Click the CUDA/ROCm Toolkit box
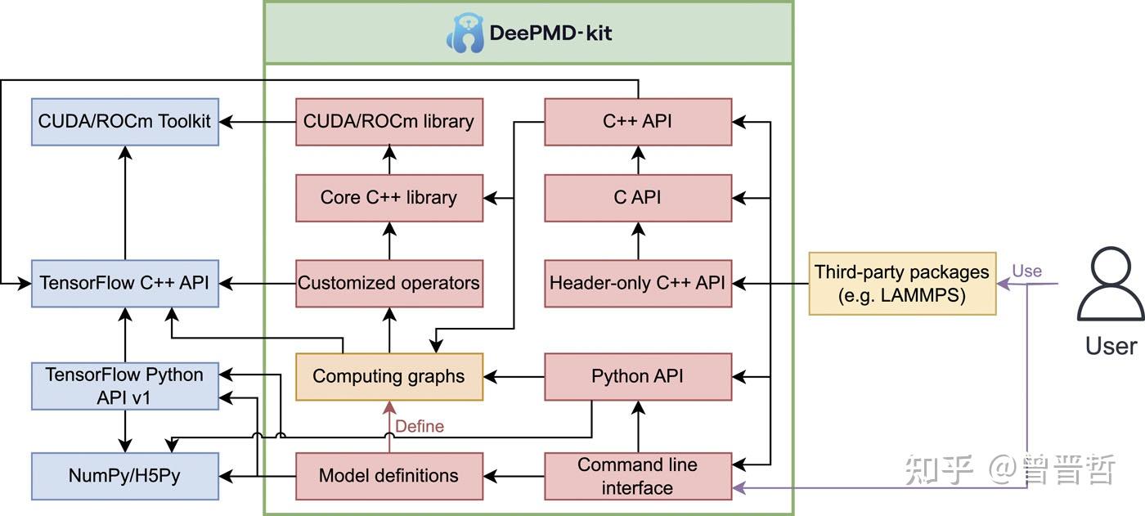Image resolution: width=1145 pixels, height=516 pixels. click(125, 122)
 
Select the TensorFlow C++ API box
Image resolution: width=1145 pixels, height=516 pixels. click(125, 283)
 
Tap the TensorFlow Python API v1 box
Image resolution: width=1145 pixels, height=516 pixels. click(125, 386)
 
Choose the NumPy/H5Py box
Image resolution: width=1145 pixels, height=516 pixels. click(125, 476)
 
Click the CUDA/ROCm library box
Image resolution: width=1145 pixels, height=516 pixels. click(388, 122)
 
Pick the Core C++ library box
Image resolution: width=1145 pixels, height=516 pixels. click(388, 198)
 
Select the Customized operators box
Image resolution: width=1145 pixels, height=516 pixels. click(388, 283)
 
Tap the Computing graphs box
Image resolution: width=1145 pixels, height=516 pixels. click(388, 377)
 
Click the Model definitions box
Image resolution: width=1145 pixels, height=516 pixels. click(388, 476)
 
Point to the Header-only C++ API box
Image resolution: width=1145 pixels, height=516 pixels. click(638, 283)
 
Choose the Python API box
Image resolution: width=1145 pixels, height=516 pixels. click(638, 377)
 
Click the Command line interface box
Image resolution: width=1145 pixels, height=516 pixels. click(638, 476)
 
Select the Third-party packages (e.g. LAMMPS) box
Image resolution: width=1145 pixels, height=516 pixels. click(902, 283)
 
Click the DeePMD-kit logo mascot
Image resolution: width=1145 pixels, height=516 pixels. click(465, 34)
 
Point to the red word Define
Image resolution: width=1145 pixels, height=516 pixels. click(420, 426)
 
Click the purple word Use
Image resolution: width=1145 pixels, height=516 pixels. click(1026, 271)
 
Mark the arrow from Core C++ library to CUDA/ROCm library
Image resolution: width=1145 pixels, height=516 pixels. click(388, 159)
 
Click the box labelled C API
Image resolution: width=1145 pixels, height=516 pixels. click(638, 198)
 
